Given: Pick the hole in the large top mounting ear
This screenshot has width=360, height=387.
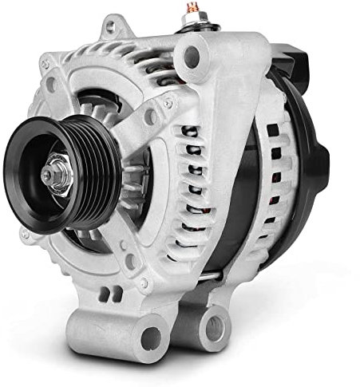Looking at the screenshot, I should click(x=192, y=56).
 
